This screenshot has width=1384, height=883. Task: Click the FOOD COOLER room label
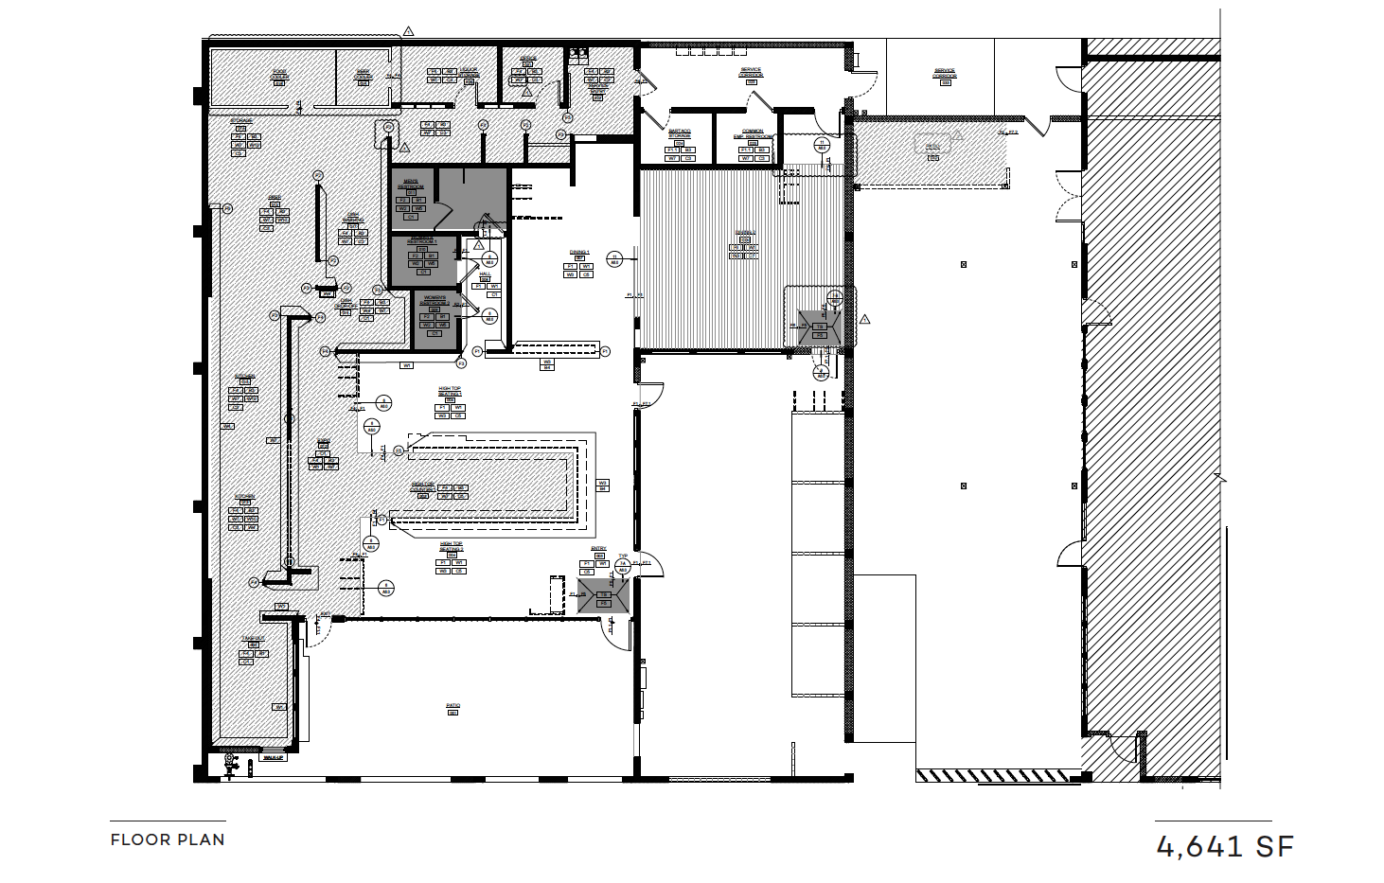tap(280, 74)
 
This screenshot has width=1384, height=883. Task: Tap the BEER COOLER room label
tap(363, 72)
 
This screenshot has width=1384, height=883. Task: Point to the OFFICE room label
tap(527, 59)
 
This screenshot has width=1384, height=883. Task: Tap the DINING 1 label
tap(579, 253)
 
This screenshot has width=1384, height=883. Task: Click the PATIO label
tap(452, 705)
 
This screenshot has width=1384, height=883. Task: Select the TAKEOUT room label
tap(253, 640)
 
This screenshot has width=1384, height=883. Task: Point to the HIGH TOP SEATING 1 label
tap(450, 391)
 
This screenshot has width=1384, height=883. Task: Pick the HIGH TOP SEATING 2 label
tap(451, 546)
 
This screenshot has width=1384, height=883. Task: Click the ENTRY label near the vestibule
tap(598, 549)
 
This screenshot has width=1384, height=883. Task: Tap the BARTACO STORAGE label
tap(680, 133)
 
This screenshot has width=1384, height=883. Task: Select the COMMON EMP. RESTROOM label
tap(753, 133)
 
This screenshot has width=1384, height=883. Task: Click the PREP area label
tap(275, 199)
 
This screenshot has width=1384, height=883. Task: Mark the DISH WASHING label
tap(353, 217)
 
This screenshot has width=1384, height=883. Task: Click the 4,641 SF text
tap(1225, 846)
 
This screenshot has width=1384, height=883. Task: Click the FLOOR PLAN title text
tap(168, 839)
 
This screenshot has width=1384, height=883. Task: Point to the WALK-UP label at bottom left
tap(273, 758)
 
